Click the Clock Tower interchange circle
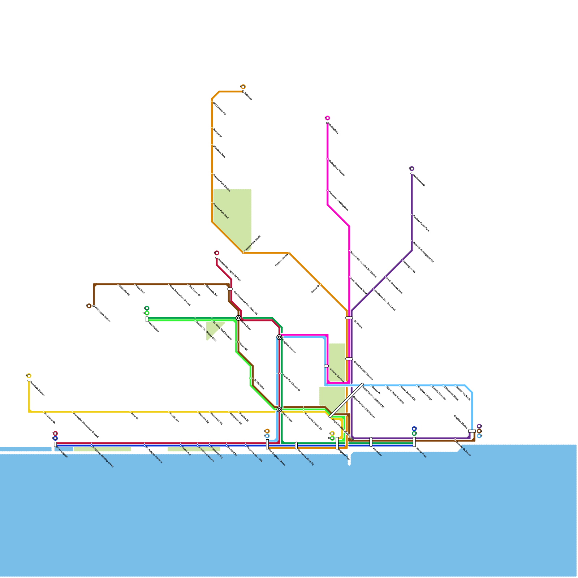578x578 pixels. click(279, 409)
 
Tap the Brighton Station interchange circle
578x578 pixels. click(279, 337)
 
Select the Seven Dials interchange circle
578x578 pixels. click(238, 318)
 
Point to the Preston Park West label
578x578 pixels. click(221, 211)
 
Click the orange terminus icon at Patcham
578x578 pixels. click(243, 87)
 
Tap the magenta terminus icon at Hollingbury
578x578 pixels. click(328, 118)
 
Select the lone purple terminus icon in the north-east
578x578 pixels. click(412, 169)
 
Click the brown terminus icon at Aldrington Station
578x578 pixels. click(89, 306)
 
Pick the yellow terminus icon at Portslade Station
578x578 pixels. click(29, 376)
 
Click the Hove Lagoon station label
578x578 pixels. click(62, 454)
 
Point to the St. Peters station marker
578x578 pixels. click(349, 318)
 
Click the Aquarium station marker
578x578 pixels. click(371, 442)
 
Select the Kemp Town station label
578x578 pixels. click(422, 453)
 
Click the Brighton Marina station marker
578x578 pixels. click(472, 431)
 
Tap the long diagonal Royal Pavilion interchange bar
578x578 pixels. click(347, 400)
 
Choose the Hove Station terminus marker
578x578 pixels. click(147, 319)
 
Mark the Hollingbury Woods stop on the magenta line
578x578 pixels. click(328, 159)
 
